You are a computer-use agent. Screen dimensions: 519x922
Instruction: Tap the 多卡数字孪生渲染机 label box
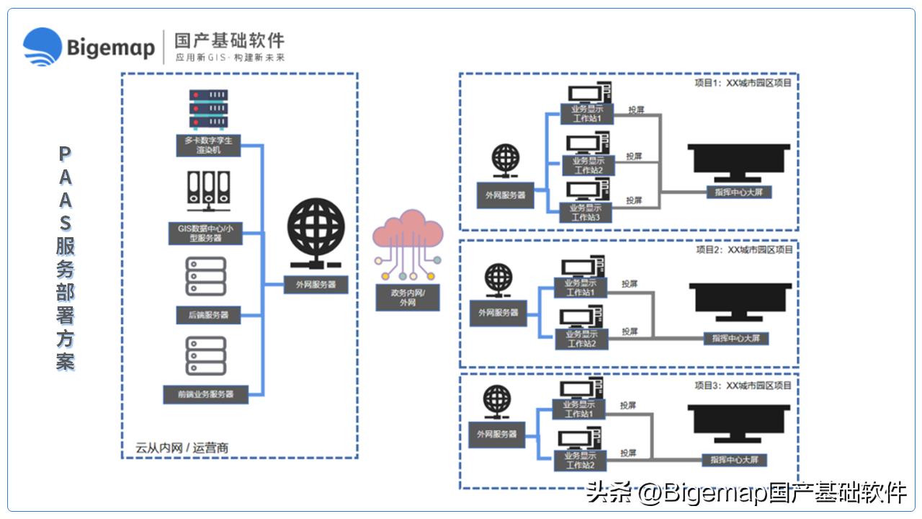click(x=208, y=145)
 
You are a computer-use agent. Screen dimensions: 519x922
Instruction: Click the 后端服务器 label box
click(x=208, y=315)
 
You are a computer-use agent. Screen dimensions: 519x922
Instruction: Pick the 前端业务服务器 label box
click(x=206, y=394)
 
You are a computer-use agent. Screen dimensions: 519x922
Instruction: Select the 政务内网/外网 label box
click(x=408, y=298)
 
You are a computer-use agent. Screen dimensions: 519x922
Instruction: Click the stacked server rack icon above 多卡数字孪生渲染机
click(x=208, y=109)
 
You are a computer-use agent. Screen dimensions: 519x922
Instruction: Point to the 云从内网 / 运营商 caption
click(x=182, y=448)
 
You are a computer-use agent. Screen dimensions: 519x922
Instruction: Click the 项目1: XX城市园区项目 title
click(x=743, y=83)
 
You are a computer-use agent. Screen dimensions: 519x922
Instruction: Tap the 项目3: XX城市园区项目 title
click(x=743, y=386)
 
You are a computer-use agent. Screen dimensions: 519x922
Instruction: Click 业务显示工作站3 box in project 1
click(x=587, y=213)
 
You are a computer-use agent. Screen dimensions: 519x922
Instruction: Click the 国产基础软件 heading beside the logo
click(x=229, y=40)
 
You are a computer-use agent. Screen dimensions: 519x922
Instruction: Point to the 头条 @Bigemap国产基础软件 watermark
click(x=746, y=493)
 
